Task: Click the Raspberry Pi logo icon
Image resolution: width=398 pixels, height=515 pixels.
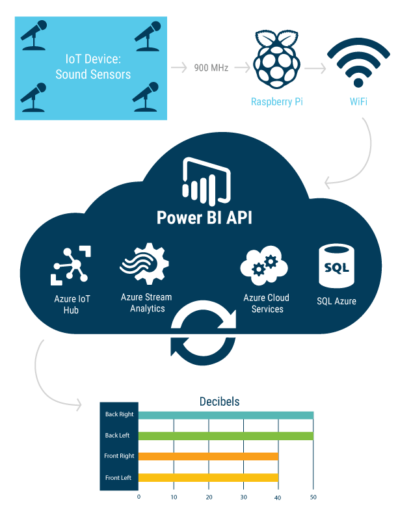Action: [276, 59]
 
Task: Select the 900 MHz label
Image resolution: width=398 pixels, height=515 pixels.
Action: [211, 68]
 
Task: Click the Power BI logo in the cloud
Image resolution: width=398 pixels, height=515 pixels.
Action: [206, 181]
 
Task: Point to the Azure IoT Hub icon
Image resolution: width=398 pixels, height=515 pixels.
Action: [71, 265]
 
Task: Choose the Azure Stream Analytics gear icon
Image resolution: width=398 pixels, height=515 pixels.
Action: [144, 263]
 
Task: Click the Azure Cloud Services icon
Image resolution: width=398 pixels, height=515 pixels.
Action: [264, 265]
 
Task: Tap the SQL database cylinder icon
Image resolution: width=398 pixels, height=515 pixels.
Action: [336, 266]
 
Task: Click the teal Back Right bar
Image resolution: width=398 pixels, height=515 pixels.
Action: [226, 415]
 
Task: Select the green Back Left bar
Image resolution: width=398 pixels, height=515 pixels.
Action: [226, 436]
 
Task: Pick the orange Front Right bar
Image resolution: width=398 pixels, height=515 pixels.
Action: [208, 456]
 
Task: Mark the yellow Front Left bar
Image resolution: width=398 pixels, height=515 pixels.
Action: [208, 477]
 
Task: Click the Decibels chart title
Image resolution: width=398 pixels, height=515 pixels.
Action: [219, 401]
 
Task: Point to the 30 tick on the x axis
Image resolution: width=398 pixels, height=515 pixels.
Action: [243, 497]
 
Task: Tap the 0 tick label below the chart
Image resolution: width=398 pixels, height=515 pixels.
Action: [139, 497]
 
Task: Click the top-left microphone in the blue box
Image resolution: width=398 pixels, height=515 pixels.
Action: [34, 35]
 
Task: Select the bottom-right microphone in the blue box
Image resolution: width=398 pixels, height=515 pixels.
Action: [146, 97]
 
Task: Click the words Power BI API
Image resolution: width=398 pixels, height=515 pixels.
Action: [204, 217]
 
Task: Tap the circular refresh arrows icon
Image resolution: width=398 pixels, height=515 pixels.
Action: [204, 332]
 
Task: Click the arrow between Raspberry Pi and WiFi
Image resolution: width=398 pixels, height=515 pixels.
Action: [315, 68]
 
